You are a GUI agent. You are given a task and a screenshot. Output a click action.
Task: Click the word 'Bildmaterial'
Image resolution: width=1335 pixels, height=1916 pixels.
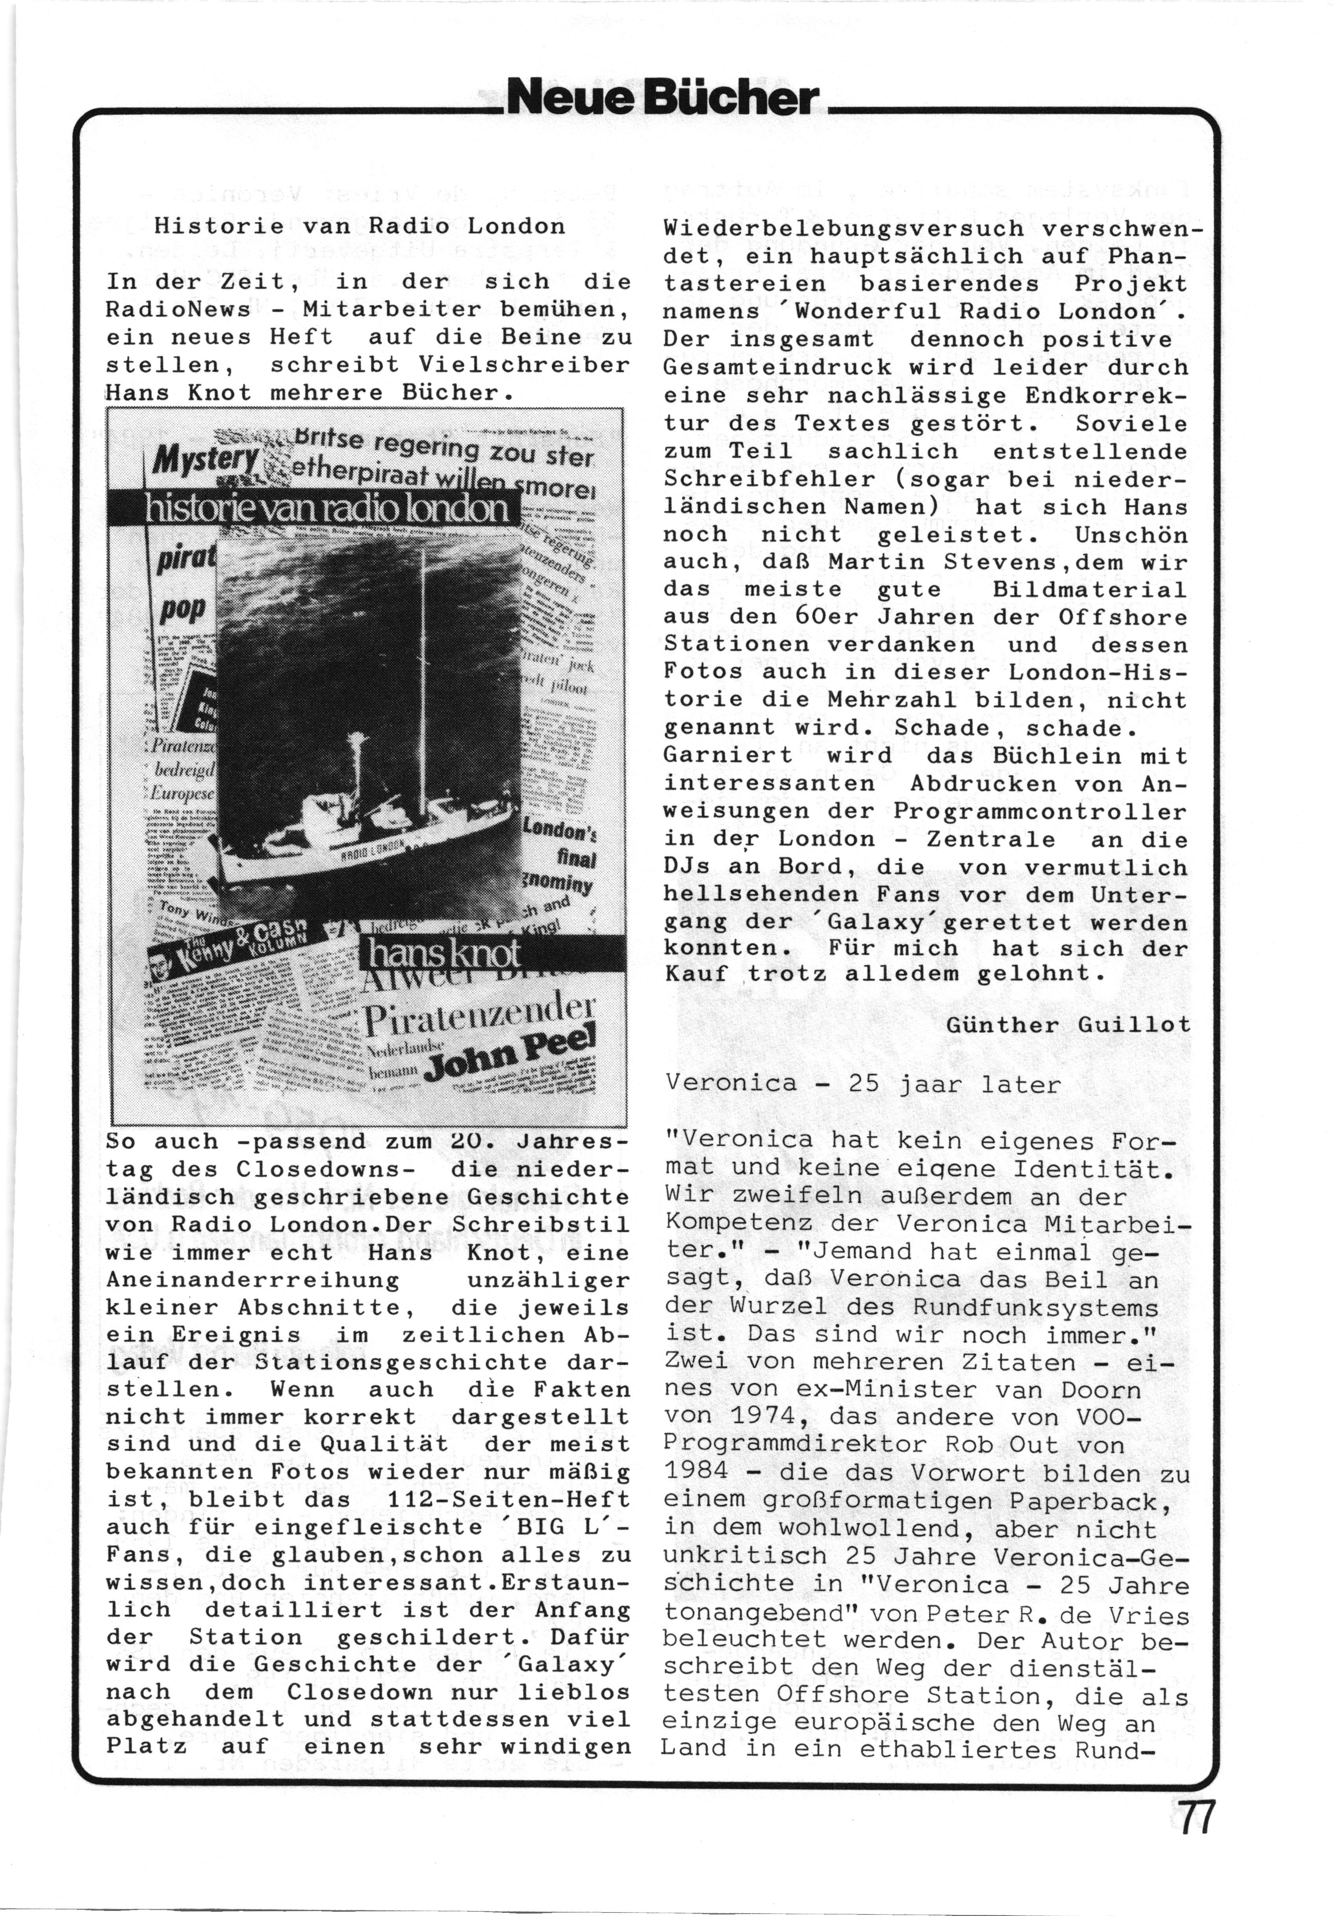(1089, 589)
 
